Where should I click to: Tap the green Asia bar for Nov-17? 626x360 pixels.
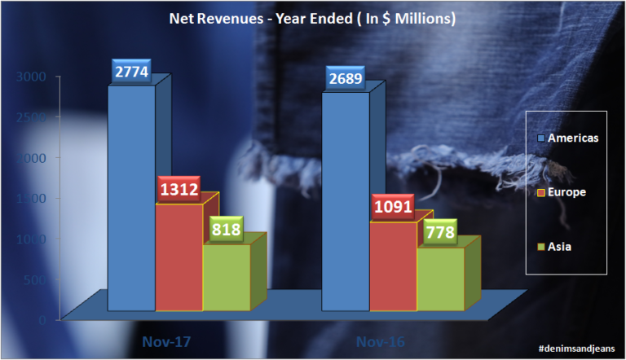[x=226, y=277]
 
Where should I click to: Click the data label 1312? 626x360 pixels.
[x=179, y=190]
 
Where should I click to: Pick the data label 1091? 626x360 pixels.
[x=393, y=206]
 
